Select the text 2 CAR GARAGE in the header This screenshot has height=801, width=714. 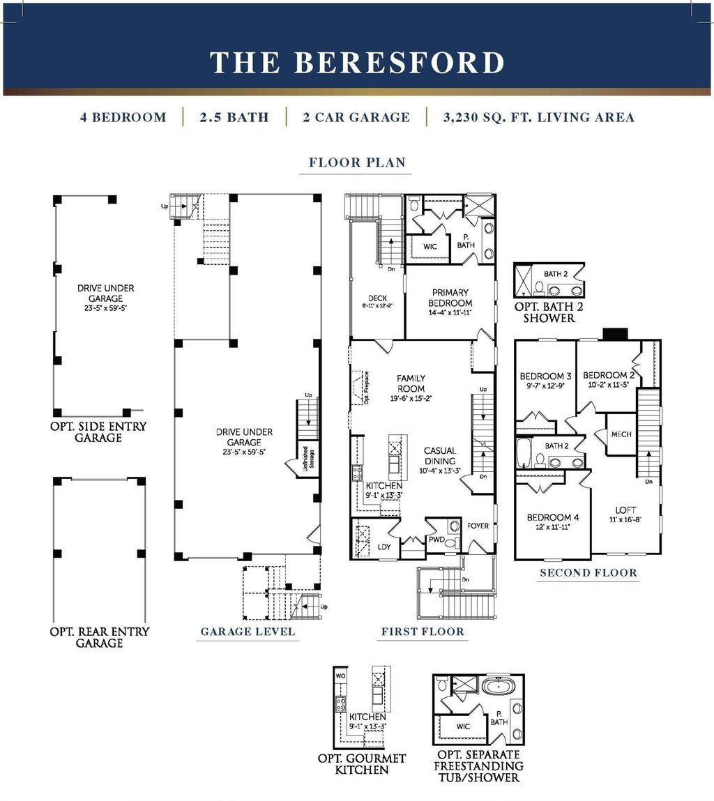click(356, 117)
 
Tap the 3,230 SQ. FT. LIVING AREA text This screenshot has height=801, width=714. click(538, 117)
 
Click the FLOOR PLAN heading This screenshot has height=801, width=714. click(357, 163)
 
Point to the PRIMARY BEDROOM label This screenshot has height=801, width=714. click(450, 298)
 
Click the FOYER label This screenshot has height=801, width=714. click(478, 526)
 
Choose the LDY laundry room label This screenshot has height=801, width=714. click(384, 547)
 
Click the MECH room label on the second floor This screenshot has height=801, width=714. click(621, 434)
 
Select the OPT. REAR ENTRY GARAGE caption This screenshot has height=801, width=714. click(99, 637)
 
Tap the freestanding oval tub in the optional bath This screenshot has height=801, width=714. click(498, 687)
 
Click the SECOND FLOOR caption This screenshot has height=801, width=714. click(588, 573)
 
